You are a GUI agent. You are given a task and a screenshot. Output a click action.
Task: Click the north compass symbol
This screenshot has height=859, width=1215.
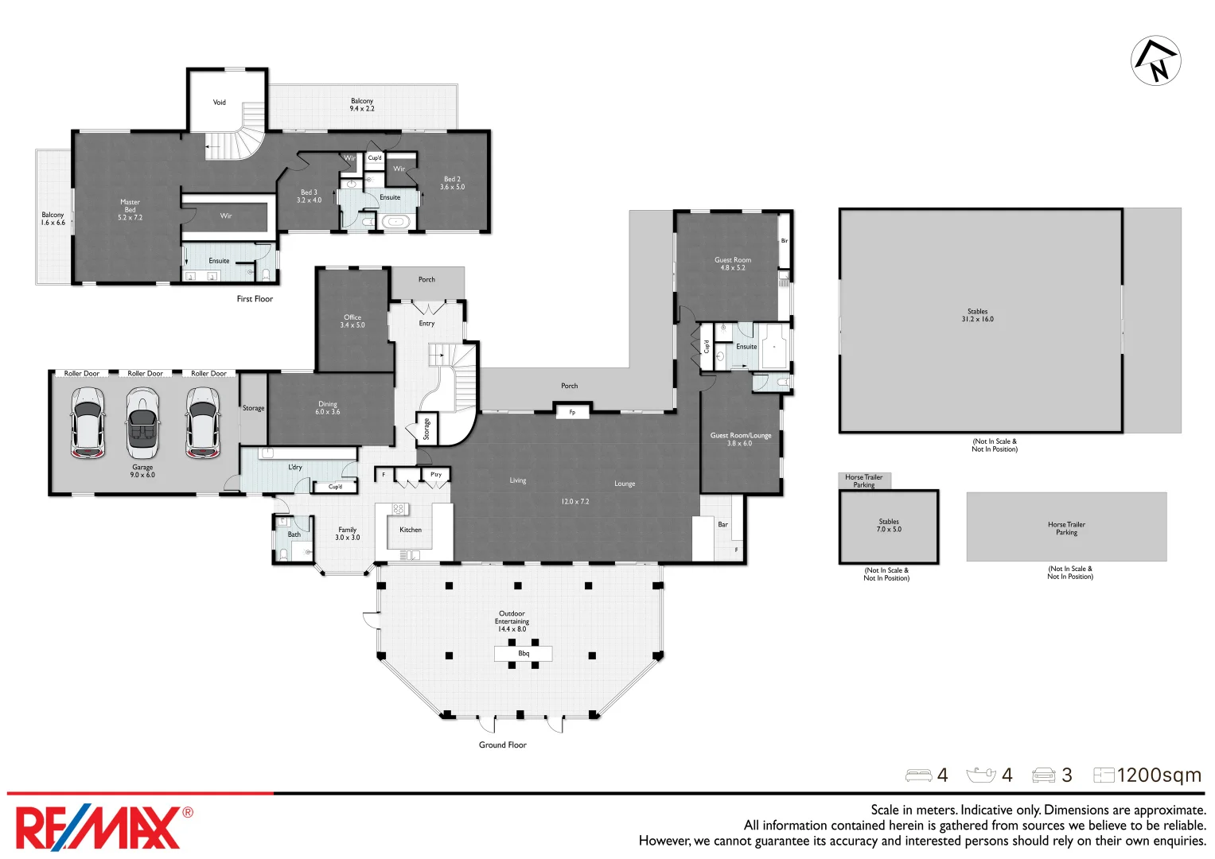tap(1155, 60)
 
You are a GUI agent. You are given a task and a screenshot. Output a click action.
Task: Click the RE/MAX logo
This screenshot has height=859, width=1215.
tap(102, 828)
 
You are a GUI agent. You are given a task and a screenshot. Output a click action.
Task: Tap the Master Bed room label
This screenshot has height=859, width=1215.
tap(130, 210)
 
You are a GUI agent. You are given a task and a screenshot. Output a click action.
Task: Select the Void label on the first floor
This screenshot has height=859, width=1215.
tap(220, 103)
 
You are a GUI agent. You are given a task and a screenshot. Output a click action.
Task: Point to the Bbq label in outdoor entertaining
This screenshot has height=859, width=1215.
tap(524, 654)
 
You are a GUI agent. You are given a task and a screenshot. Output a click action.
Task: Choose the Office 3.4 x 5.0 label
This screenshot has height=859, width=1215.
tap(352, 321)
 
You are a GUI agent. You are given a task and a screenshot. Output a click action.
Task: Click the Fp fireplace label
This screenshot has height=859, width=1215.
tap(572, 412)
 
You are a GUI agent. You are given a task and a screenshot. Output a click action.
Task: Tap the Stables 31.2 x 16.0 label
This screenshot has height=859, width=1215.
tap(977, 316)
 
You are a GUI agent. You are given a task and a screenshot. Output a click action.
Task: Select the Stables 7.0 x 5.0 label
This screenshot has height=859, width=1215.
tap(889, 526)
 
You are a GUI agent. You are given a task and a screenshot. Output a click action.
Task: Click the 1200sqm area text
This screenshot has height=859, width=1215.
tap(1159, 775)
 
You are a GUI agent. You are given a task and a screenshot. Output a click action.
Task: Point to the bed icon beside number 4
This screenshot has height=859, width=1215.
tap(918, 775)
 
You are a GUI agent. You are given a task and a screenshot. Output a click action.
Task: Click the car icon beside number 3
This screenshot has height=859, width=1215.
tap(1043, 775)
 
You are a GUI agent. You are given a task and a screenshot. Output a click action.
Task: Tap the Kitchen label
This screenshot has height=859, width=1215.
tap(411, 530)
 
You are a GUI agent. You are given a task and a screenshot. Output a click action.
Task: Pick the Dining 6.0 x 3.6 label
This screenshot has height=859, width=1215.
tap(328, 408)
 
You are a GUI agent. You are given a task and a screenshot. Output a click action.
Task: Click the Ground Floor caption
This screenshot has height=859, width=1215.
tap(502, 745)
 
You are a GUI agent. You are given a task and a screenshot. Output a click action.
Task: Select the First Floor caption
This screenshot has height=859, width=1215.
tap(255, 299)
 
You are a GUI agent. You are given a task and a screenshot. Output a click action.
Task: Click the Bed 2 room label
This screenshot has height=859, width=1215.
tap(452, 183)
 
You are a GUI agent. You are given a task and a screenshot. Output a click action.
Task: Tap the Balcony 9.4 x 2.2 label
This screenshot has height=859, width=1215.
tap(362, 105)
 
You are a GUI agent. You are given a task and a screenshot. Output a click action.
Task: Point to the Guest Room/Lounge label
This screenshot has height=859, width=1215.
tap(741, 439)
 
